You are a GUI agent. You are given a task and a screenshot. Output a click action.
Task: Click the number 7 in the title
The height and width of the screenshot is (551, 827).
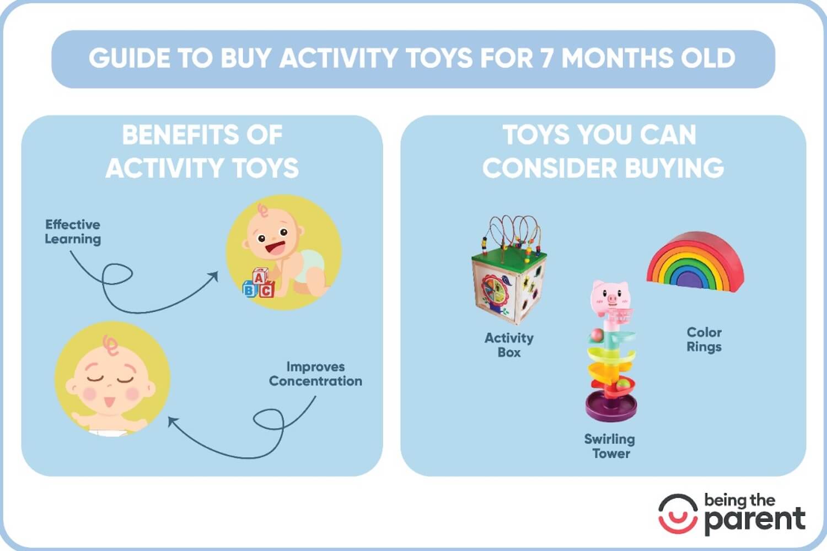tap(546, 58)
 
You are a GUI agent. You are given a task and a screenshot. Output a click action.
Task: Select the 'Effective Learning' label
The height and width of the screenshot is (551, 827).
tap(73, 231)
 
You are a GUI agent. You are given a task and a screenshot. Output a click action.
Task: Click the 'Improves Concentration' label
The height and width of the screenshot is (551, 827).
tap(315, 374)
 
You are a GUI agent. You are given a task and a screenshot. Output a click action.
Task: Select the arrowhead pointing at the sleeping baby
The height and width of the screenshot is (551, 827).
tap(173, 422)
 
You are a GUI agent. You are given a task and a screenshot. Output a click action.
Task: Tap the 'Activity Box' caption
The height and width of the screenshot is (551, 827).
tap(509, 345)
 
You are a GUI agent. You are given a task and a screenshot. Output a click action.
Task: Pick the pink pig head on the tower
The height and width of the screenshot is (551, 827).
tap(610, 296)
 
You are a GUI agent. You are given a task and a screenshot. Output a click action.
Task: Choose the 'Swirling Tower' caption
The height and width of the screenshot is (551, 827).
tap(610, 446)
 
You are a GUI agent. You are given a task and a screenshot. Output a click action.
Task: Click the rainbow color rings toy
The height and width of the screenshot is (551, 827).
tap(695, 262)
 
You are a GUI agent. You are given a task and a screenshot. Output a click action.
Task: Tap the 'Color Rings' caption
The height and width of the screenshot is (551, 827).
tap(704, 339)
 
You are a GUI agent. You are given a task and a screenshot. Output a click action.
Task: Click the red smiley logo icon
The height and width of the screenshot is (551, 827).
tap(678, 514)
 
